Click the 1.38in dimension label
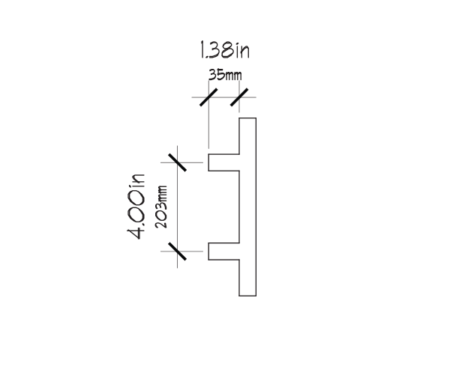click(224, 50)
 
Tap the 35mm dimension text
click(225, 75)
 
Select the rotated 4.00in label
click(136, 206)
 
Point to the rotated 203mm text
click(161, 207)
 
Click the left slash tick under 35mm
click(208, 97)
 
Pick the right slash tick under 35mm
click(239, 97)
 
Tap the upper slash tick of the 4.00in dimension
click(177, 162)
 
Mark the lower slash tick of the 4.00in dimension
click(177, 251)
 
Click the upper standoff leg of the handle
click(223, 162)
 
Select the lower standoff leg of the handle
click(223, 251)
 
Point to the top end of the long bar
click(247, 118)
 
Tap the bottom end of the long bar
click(247, 296)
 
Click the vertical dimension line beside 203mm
click(177, 207)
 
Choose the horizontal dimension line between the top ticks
click(223, 97)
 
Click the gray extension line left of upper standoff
click(181, 162)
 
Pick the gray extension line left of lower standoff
click(181, 251)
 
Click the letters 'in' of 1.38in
click(243, 51)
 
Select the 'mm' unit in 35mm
click(233, 76)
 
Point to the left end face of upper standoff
click(208, 162)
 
